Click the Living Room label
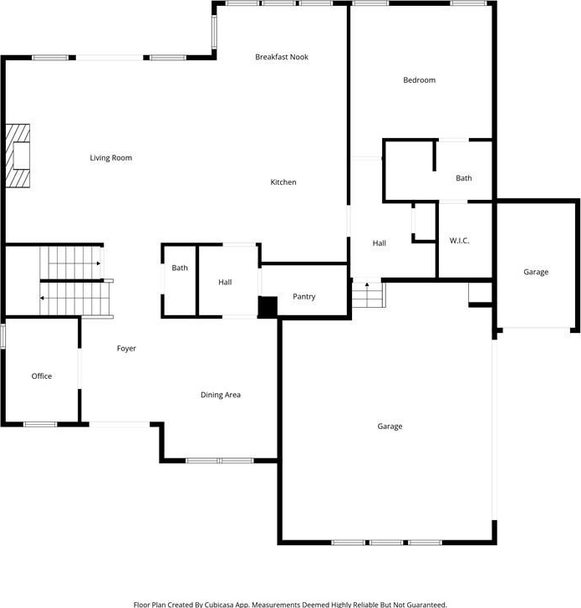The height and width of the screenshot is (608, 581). pyautogui.click(x=111, y=158)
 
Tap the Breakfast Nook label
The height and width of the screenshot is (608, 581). pyautogui.click(x=282, y=57)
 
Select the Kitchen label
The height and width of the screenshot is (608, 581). pyautogui.click(x=283, y=182)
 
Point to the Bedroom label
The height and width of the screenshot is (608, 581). pyautogui.click(x=420, y=80)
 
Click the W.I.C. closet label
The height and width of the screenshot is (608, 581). pyautogui.click(x=459, y=241)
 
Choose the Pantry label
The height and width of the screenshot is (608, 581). pyautogui.click(x=303, y=297)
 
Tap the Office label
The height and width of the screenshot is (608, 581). pyautogui.click(x=42, y=376)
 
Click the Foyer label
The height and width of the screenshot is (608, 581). pyautogui.click(x=126, y=349)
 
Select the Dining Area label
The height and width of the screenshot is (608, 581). pyautogui.click(x=221, y=395)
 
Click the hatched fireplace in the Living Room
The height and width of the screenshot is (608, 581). pyautogui.click(x=18, y=156)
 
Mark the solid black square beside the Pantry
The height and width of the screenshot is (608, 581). pyautogui.click(x=268, y=307)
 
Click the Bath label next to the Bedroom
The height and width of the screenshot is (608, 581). pyautogui.click(x=464, y=178)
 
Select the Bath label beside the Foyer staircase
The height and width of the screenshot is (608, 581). pyautogui.click(x=180, y=268)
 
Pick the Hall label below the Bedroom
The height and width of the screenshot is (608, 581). pyautogui.click(x=379, y=243)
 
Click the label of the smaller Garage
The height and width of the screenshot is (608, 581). pyautogui.click(x=536, y=272)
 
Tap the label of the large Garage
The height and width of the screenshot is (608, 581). pyautogui.click(x=390, y=427)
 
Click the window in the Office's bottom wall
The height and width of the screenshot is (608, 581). pyautogui.click(x=40, y=425)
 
